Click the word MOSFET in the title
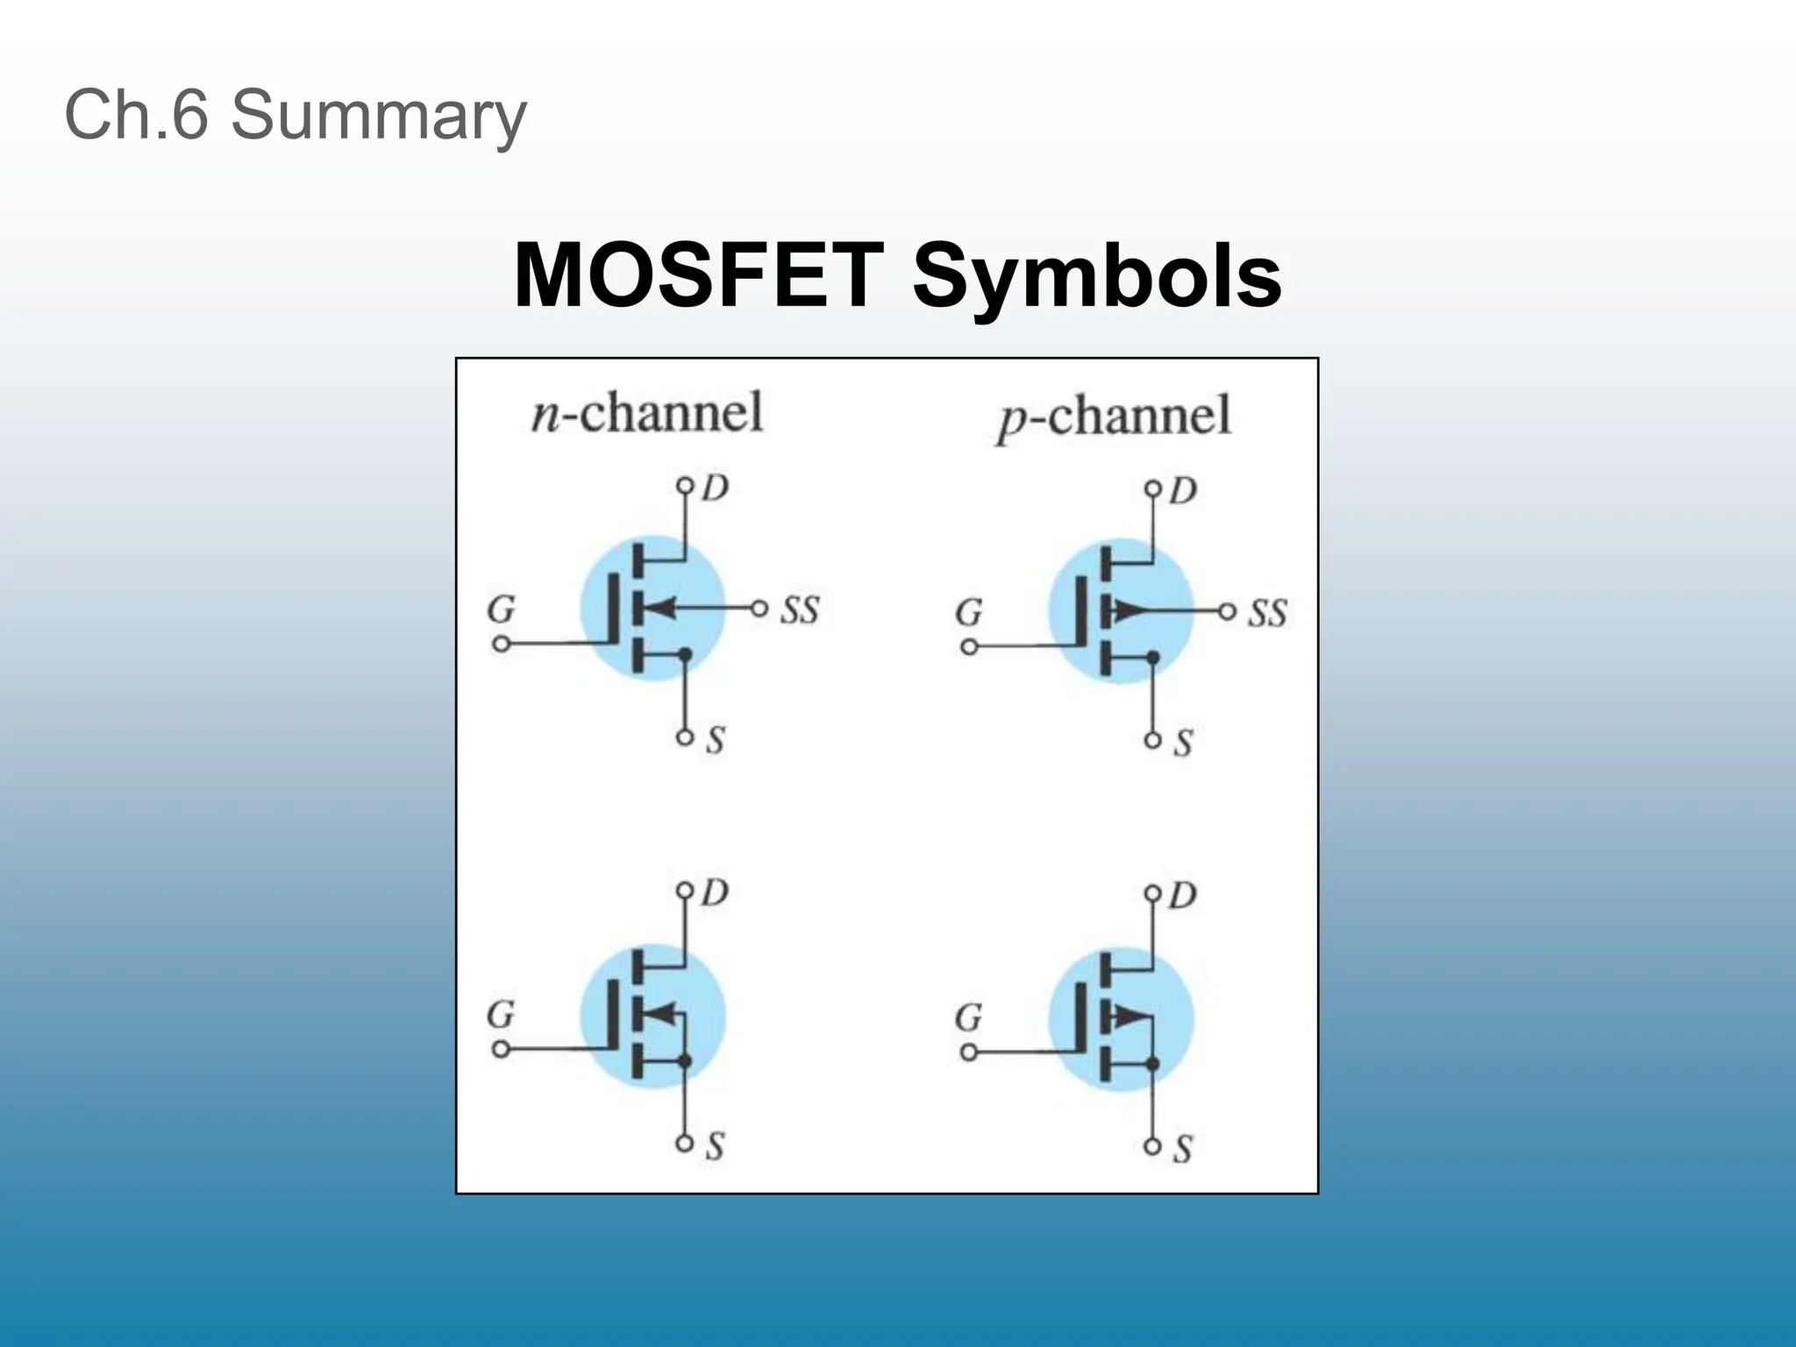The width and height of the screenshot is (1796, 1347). tap(697, 275)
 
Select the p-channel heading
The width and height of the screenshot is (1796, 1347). tap(1114, 416)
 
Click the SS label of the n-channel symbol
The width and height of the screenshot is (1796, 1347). tap(799, 609)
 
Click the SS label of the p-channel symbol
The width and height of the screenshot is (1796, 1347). tap(1267, 613)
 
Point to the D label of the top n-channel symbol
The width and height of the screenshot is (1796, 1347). tap(716, 488)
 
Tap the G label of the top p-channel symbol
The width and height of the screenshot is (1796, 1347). tap(968, 612)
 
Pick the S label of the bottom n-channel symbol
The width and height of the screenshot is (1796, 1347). tap(715, 1146)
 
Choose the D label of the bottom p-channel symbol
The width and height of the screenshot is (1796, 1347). tap(1183, 895)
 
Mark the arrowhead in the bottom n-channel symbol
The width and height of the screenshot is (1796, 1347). tap(663, 1014)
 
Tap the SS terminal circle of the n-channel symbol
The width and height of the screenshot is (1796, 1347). tap(759, 608)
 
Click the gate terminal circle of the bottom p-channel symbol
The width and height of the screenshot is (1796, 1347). tap(968, 1052)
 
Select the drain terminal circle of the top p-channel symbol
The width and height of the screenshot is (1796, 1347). tap(1153, 488)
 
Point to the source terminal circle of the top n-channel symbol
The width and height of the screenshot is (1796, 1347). tap(685, 738)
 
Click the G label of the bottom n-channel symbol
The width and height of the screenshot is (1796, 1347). tap(501, 1015)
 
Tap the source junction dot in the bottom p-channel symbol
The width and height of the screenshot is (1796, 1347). tap(1153, 1065)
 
